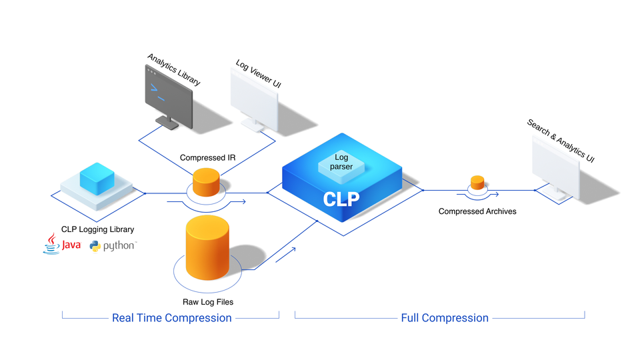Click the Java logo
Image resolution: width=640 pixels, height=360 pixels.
(x=62, y=245)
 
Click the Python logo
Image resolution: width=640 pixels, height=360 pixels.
(x=113, y=246)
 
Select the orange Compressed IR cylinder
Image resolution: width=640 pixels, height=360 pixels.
(x=206, y=183)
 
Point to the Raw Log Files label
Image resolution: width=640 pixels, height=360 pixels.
(x=208, y=302)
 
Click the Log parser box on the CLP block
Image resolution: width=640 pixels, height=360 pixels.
(x=341, y=162)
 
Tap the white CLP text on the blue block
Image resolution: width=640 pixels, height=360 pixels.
(x=341, y=199)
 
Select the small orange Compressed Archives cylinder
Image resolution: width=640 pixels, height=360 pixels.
(x=477, y=183)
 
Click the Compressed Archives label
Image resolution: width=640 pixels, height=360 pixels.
(x=477, y=211)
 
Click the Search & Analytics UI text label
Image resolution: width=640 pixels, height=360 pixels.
(x=560, y=141)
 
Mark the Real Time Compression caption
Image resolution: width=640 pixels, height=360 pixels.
(x=171, y=318)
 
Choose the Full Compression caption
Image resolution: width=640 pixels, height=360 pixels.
(x=445, y=318)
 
